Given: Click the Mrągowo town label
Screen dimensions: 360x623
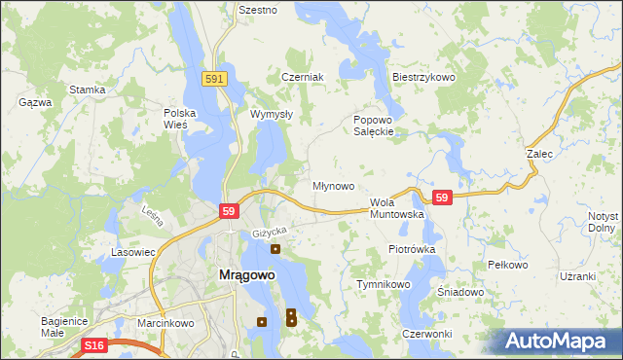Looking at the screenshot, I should tap(243, 274).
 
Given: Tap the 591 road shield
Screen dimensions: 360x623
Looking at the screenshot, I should tap(216, 79).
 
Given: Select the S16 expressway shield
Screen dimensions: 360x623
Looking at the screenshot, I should tap(93, 345).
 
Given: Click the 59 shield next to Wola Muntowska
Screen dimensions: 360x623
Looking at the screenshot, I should tap(443, 197).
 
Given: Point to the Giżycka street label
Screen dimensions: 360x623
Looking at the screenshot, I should tap(270, 231).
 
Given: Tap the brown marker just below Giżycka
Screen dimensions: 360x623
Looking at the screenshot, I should tap(275, 249).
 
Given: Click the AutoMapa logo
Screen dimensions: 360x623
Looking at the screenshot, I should tap(560, 341).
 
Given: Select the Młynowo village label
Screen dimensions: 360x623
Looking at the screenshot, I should tap(333, 185).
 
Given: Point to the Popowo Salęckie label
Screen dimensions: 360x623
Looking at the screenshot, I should tap(373, 126).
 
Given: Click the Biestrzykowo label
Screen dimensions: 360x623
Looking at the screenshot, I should tap(423, 77).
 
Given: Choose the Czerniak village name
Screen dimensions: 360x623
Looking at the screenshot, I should tap(302, 77).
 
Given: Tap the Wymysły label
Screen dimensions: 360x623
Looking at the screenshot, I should tap(272, 114).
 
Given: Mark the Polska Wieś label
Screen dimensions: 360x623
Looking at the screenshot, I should tap(180, 118).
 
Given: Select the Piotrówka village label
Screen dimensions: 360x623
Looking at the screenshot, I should tap(412, 249).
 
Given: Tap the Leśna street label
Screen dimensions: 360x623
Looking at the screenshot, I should tap(153, 215).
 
